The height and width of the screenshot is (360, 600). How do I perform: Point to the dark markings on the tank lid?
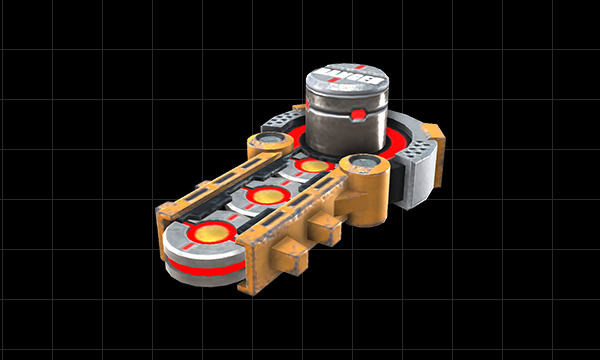pyautogui.click(x=350, y=74)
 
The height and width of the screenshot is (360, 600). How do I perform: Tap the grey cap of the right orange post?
pyautogui.click(x=363, y=161)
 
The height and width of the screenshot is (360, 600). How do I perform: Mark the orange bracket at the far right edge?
pyautogui.click(x=433, y=130)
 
